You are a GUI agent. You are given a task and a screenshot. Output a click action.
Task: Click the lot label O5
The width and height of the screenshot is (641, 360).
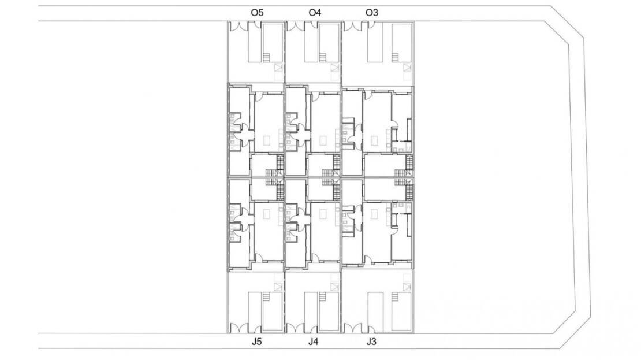(x=257, y=13)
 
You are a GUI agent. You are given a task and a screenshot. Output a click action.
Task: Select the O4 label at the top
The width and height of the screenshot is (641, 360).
(x=315, y=13)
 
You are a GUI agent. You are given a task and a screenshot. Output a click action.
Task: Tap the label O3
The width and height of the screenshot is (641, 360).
(x=371, y=13)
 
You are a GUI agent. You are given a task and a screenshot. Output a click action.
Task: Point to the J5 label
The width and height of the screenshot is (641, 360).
(x=256, y=341)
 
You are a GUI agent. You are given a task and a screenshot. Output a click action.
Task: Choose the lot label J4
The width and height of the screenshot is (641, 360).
(x=313, y=341)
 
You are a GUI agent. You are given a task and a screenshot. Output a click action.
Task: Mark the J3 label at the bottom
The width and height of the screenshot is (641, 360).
(x=371, y=341)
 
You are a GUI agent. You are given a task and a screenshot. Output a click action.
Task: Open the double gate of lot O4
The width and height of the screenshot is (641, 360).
(x=296, y=26)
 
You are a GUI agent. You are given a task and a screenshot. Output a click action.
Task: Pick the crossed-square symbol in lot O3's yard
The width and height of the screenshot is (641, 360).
(x=407, y=68)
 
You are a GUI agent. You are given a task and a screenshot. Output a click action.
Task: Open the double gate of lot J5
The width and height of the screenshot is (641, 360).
(x=239, y=328)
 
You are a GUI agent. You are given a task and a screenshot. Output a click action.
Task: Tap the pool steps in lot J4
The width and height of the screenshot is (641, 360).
(x=323, y=297)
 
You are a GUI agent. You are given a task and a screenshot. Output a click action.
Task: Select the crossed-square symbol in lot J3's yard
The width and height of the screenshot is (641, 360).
(x=407, y=287)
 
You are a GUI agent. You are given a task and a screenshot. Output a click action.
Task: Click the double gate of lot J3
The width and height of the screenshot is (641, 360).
(x=353, y=328)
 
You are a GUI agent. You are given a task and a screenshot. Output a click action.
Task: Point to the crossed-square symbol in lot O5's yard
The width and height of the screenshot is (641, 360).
(x=279, y=68)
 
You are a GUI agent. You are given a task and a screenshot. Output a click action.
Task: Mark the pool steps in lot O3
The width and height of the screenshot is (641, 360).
(x=396, y=58)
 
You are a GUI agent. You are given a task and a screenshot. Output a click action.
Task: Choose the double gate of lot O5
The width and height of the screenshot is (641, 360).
(x=239, y=26)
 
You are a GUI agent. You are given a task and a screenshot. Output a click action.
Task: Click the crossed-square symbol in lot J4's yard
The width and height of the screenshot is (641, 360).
(x=335, y=287)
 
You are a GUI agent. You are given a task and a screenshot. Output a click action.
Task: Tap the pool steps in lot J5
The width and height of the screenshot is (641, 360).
(x=266, y=297)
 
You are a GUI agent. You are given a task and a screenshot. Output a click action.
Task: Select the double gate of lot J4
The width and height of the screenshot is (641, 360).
(x=296, y=328)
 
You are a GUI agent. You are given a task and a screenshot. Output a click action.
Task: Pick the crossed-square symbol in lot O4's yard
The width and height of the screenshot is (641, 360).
(x=335, y=68)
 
